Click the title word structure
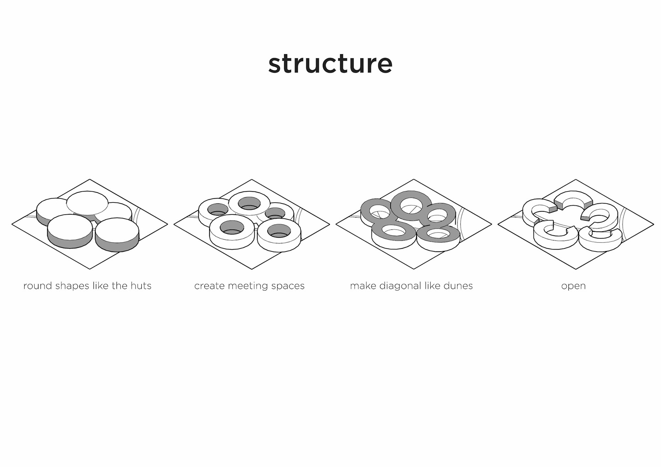(x=330, y=64)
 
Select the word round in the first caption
(x=38, y=286)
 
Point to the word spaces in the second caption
(x=288, y=286)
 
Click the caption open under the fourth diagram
(x=573, y=286)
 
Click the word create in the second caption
(x=209, y=286)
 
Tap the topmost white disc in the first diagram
(x=87, y=203)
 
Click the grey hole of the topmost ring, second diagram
(x=249, y=203)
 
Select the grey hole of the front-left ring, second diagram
(x=232, y=228)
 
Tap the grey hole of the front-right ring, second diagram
(x=279, y=231)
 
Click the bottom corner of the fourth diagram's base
(x=576, y=269)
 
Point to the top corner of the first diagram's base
(x=90, y=179)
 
